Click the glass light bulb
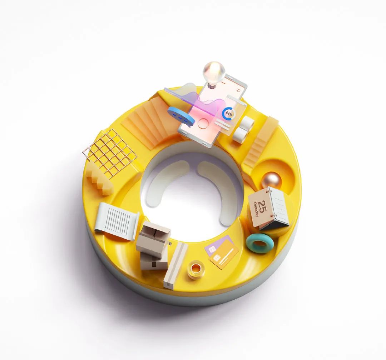pos(214,72)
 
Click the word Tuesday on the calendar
pos(256,209)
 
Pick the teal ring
pos(260,243)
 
